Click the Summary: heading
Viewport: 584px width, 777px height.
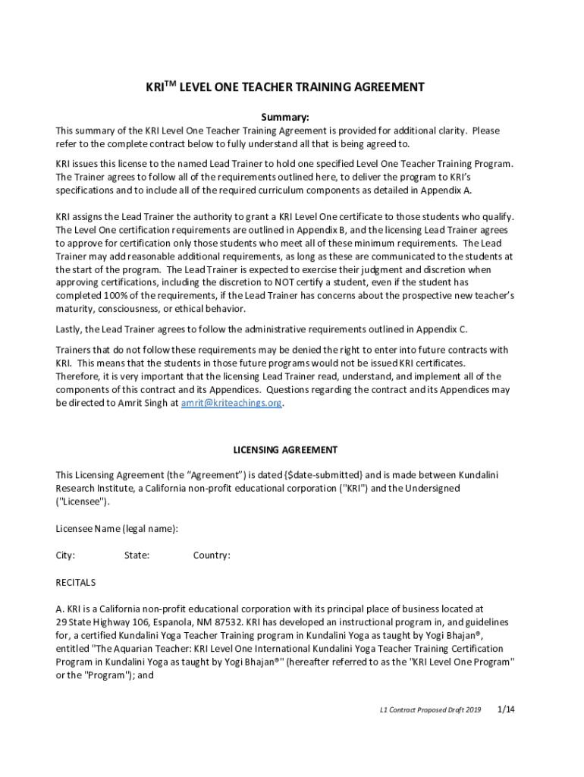pyautogui.click(x=285, y=118)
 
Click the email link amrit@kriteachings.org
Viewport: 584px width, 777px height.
pyautogui.click(x=231, y=404)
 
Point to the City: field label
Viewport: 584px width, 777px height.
pyautogui.click(x=65, y=555)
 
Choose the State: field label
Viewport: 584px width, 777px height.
pyautogui.click(x=137, y=555)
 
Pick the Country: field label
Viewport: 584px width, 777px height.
pyautogui.click(x=212, y=555)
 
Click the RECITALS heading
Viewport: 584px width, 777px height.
pyautogui.click(x=76, y=583)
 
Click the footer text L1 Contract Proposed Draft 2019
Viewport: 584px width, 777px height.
pyautogui.click(x=431, y=710)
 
